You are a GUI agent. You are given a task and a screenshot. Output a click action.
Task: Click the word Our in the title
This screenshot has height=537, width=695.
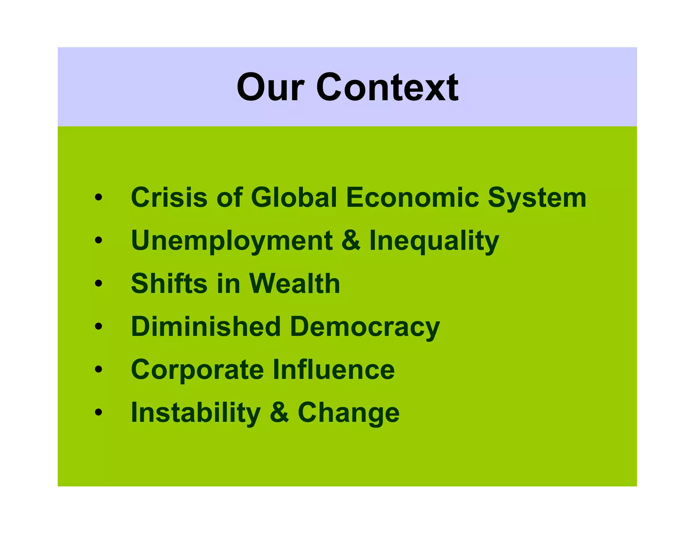(x=270, y=88)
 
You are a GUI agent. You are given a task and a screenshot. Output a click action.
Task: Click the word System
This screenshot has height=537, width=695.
(x=537, y=198)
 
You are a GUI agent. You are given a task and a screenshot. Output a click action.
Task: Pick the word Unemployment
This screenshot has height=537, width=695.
(x=232, y=241)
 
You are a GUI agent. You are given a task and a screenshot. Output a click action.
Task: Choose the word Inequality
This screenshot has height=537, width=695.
(x=434, y=241)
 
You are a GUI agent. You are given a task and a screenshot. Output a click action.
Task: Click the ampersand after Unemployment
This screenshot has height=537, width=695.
(x=351, y=240)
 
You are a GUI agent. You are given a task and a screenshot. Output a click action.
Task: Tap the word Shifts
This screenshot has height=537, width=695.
(x=169, y=283)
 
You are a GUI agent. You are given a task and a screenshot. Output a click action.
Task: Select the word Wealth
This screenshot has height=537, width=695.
(x=294, y=283)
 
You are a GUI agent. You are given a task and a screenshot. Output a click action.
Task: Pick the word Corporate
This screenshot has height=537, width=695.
(x=197, y=370)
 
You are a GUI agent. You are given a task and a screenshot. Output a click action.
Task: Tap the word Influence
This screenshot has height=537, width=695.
(x=334, y=369)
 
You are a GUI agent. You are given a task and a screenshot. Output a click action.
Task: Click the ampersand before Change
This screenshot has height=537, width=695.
(x=279, y=412)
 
